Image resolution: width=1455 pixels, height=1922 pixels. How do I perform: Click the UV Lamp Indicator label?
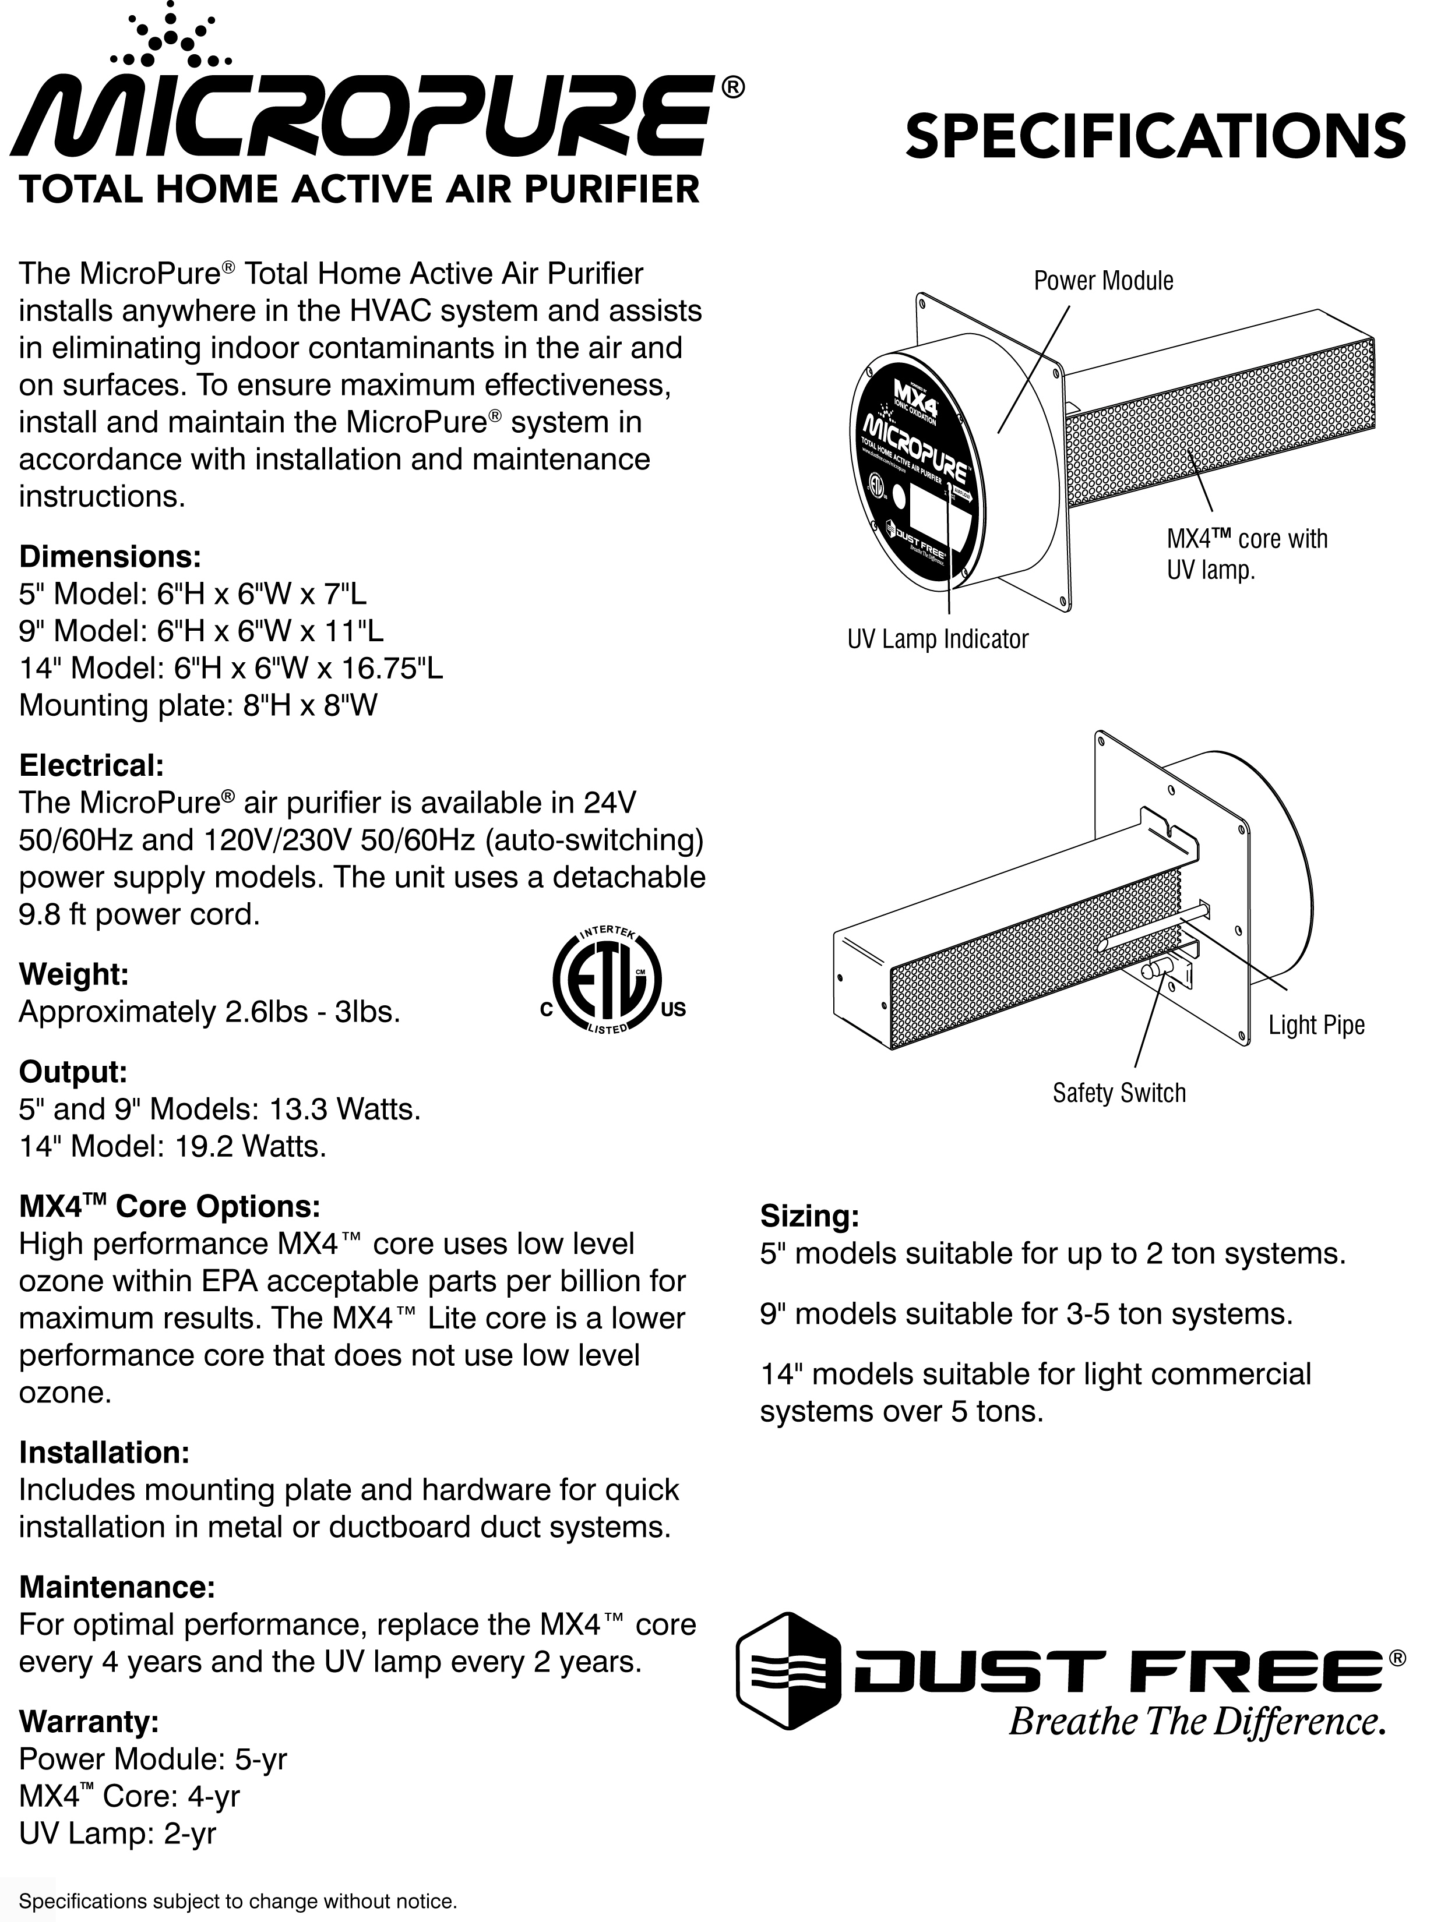click(937, 640)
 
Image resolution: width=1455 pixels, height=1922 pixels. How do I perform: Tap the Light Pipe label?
click(1316, 1025)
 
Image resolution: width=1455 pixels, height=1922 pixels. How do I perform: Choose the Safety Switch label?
click(1119, 1093)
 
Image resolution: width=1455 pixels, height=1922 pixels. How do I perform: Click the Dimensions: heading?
click(110, 556)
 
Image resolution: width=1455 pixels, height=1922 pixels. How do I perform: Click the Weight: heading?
click(74, 974)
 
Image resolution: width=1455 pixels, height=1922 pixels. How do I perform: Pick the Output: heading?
click(73, 1072)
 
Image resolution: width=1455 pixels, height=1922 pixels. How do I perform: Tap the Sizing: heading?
click(809, 1216)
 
